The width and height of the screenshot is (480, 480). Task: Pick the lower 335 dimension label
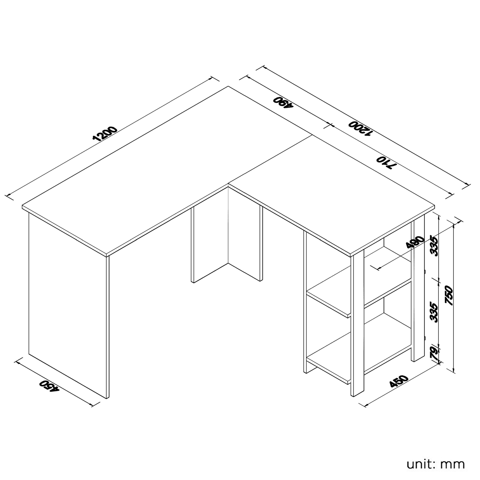click(x=434, y=311)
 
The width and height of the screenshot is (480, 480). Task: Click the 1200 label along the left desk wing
click(x=105, y=134)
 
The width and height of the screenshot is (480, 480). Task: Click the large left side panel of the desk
click(x=69, y=306)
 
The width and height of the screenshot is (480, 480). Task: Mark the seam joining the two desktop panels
click(x=270, y=160)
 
